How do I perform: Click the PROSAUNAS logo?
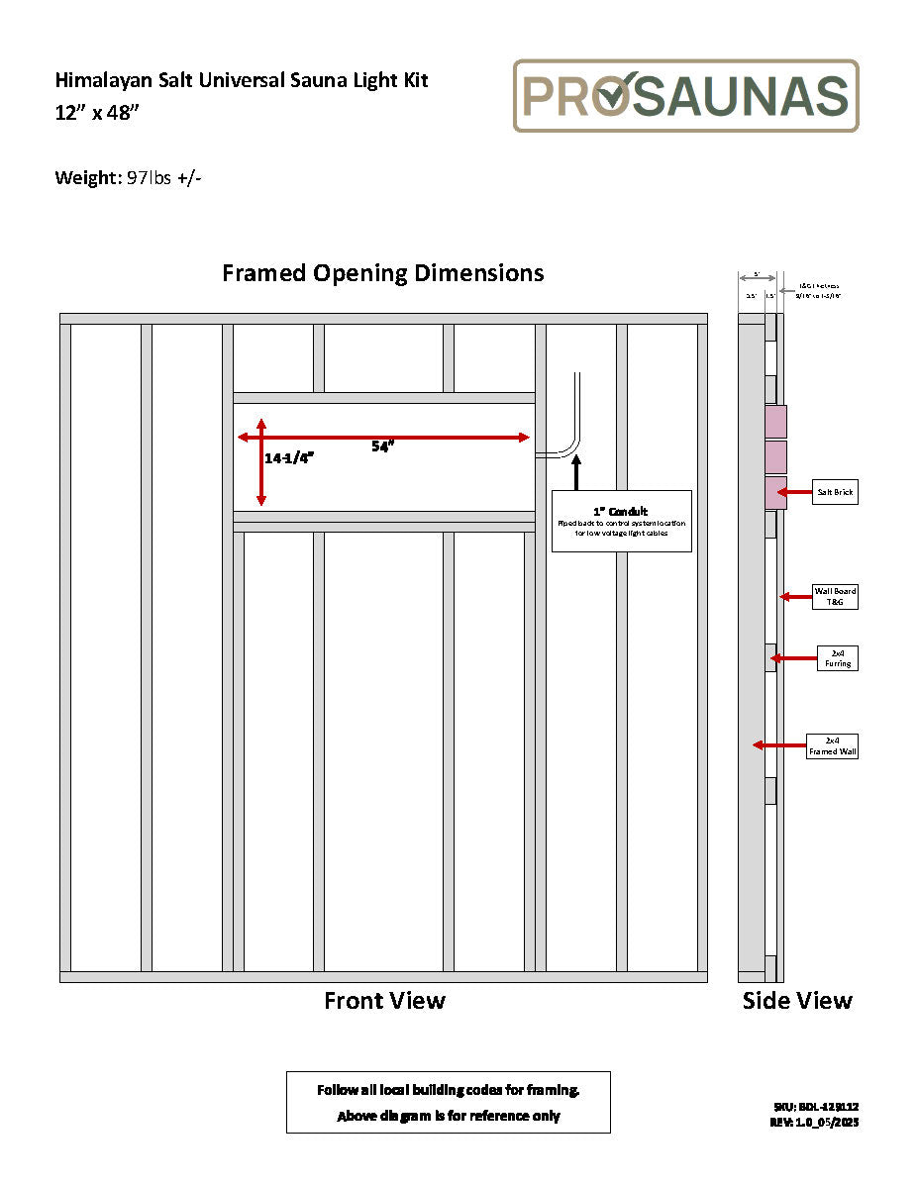pos(685,96)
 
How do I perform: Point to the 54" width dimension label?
pos(383,446)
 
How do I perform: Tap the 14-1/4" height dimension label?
pos(289,458)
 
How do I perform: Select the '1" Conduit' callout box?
pos(621,521)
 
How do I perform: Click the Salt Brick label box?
pos(836,492)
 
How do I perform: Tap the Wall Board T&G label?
pos(835,597)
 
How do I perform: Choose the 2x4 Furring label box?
pos(837,658)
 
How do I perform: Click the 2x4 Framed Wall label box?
pos(833,745)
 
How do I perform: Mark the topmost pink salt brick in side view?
pos(774,422)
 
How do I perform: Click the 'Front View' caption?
pos(384,1001)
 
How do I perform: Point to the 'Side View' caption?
pos(797,1001)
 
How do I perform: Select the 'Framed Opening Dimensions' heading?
pos(383,273)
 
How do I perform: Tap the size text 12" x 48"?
pos(98,112)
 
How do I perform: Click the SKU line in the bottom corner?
pos(816,1106)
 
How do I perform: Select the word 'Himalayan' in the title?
pos(101,80)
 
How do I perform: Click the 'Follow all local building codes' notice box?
pos(448,1102)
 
